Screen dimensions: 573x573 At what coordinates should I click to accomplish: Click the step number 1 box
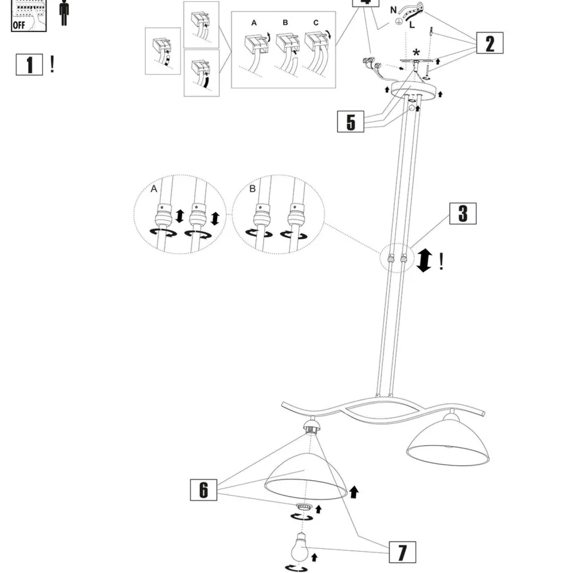coord(29,65)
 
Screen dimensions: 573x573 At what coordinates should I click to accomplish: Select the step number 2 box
coord(489,44)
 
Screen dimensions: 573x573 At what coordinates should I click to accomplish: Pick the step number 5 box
coord(351,122)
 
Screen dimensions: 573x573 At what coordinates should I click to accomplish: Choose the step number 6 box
coord(204,490)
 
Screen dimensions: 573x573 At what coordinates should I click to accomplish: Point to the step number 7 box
coord(402,552)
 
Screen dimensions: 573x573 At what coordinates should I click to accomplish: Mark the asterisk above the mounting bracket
coord(416,52)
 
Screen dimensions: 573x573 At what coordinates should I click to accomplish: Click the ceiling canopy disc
coord(415,90)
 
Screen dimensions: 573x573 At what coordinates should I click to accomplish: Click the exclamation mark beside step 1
coord(52,64)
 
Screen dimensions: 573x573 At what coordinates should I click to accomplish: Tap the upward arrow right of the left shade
coord(354,490)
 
